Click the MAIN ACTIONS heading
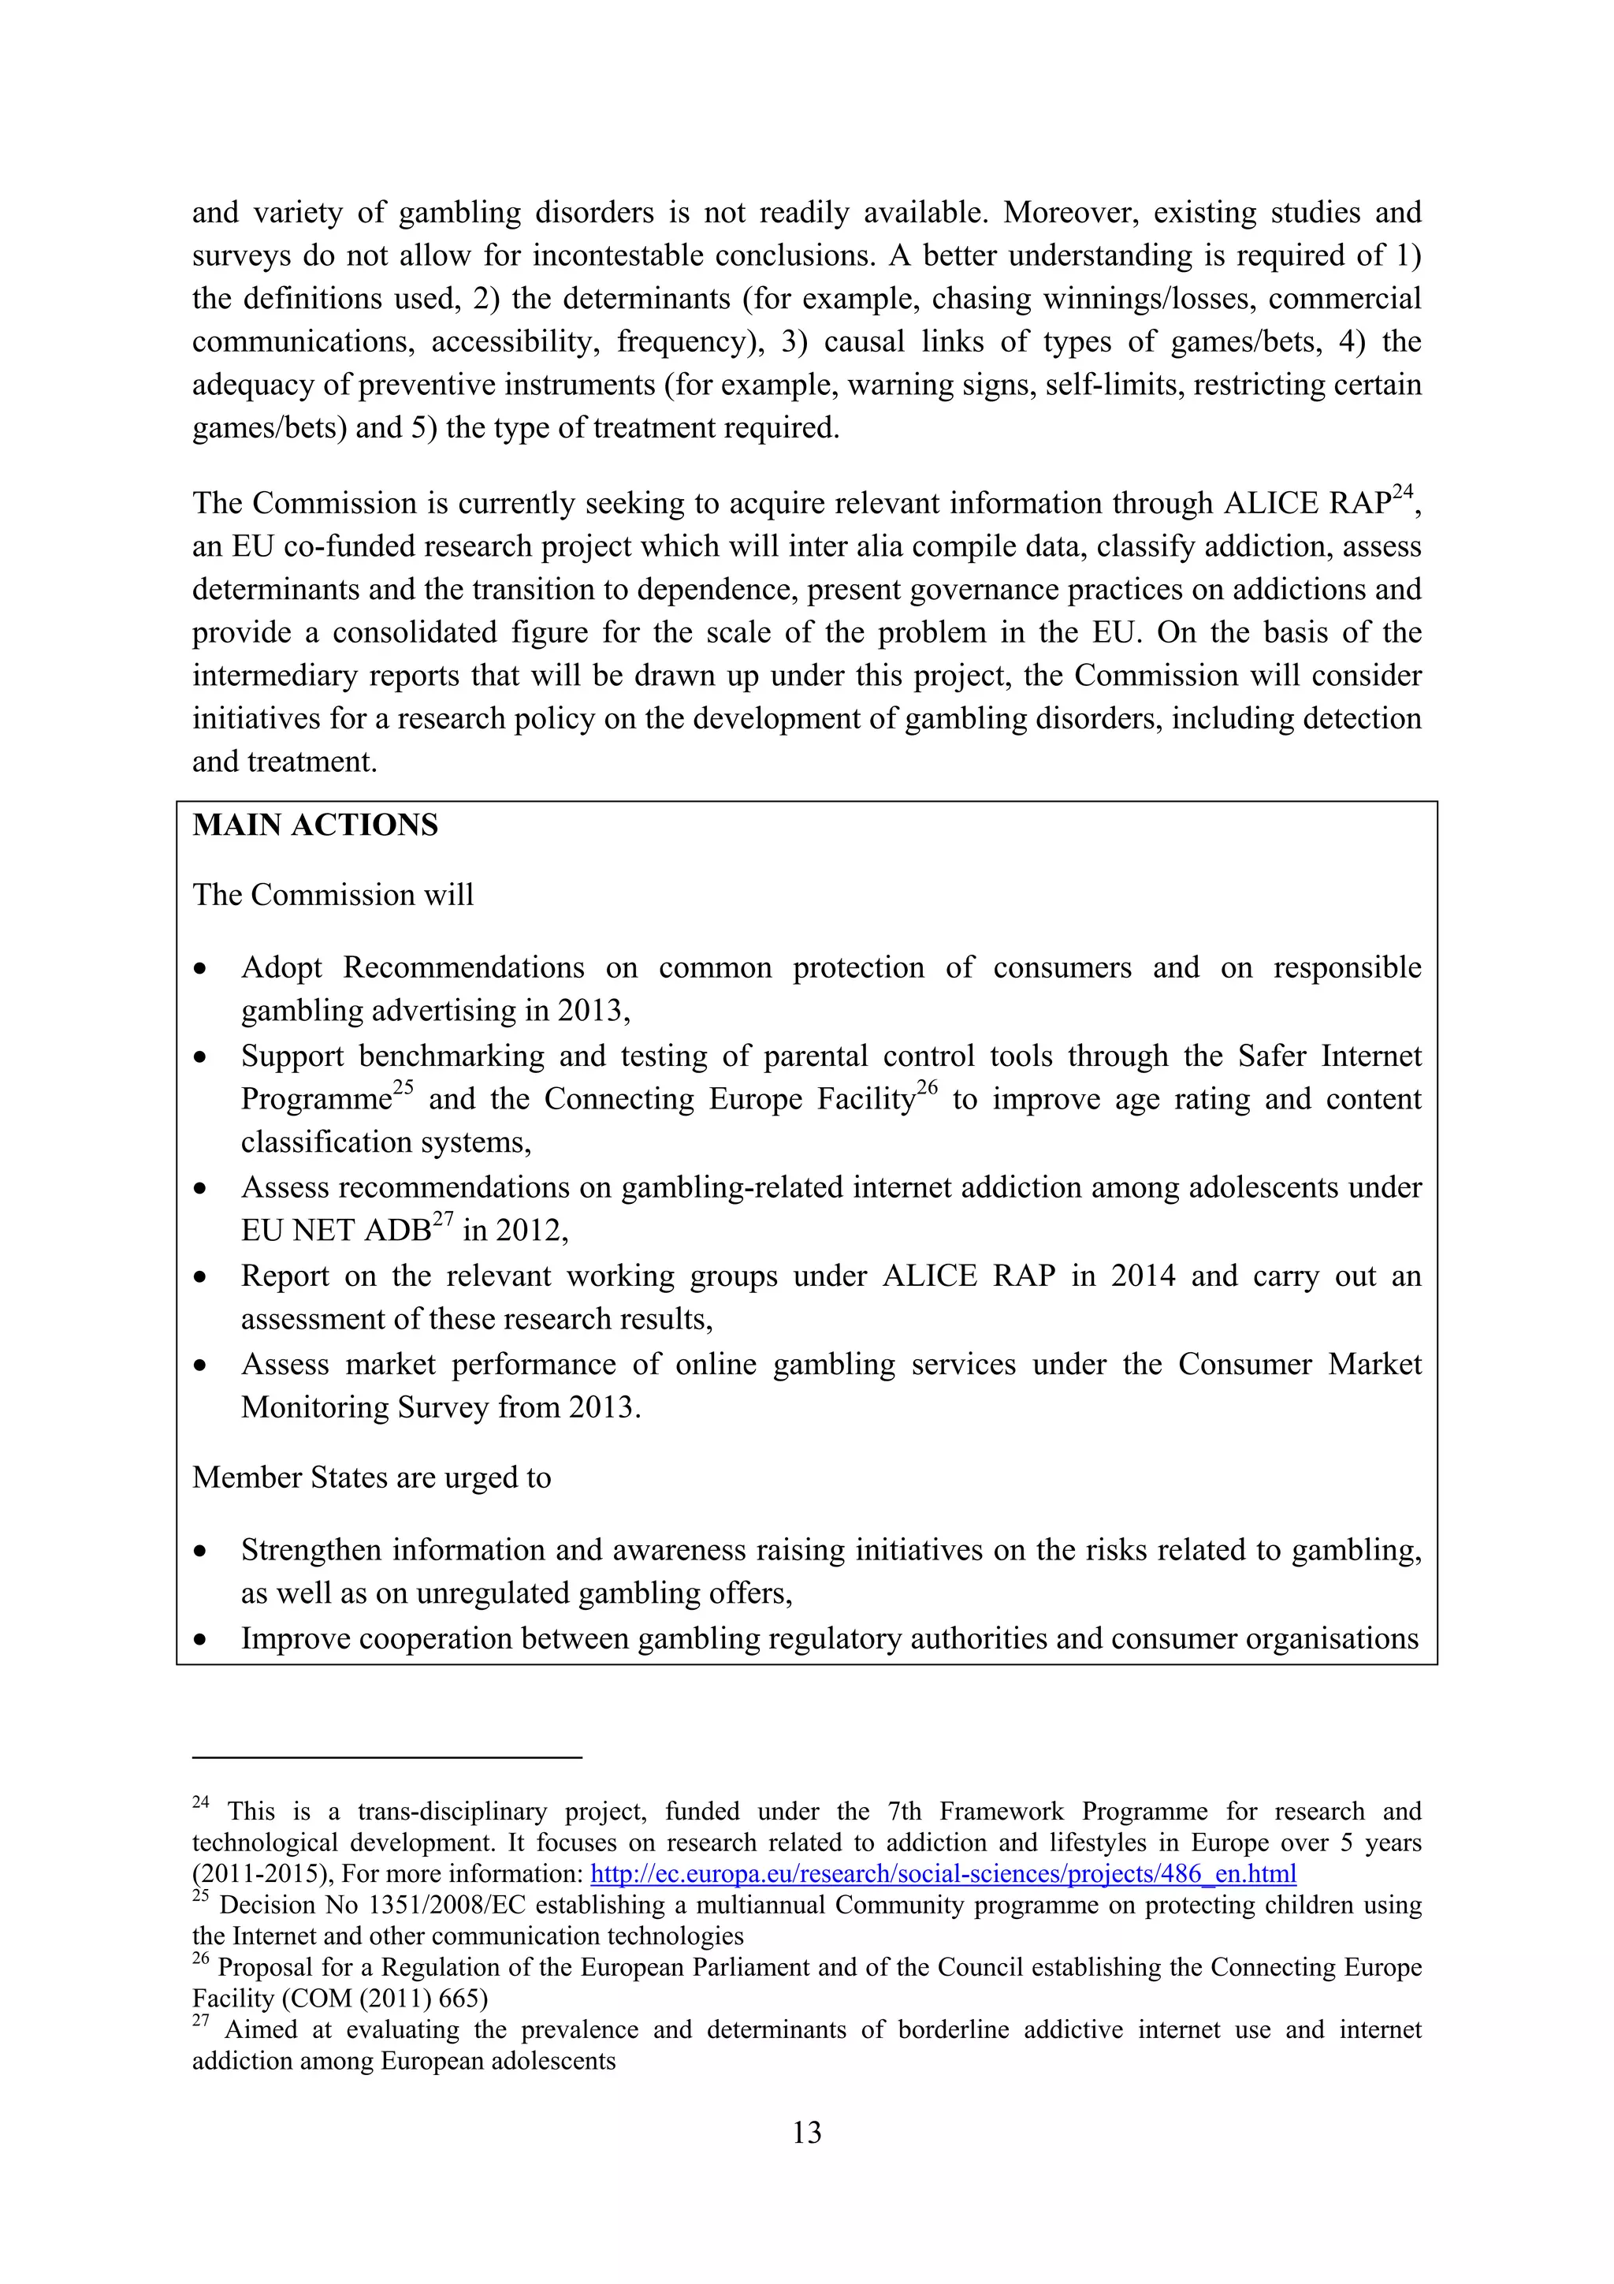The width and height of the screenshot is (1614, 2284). (315, 825)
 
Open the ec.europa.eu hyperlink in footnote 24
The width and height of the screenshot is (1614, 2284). (943, 1874)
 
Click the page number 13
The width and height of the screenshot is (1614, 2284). (806, 2133)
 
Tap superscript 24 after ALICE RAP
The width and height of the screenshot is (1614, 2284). (1402, 491)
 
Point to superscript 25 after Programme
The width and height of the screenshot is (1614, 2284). (403, 1087)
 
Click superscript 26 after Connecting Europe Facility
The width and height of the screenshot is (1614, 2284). (927, 1087)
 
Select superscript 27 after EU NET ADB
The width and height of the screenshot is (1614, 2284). (443, 1219)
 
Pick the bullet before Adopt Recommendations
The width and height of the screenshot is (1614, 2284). (201, 969)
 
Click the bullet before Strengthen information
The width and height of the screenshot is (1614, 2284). (201, 1552)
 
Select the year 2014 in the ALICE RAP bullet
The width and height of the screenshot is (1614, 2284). (1143, 1276)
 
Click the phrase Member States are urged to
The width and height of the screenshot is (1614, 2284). (372, 1478)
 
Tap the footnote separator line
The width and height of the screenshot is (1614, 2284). (386, 1758)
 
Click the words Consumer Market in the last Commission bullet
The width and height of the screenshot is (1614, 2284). (1300, 1364)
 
